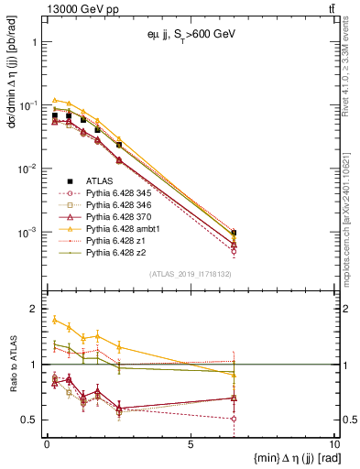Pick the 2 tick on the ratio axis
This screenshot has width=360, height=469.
[34, 310]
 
